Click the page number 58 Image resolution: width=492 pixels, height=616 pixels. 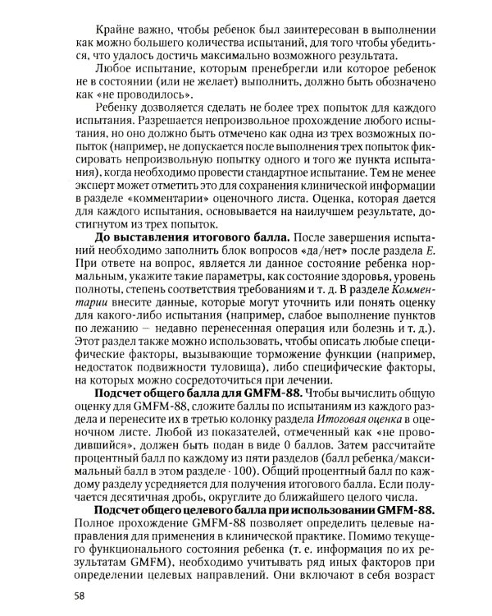tap(80, 595)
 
